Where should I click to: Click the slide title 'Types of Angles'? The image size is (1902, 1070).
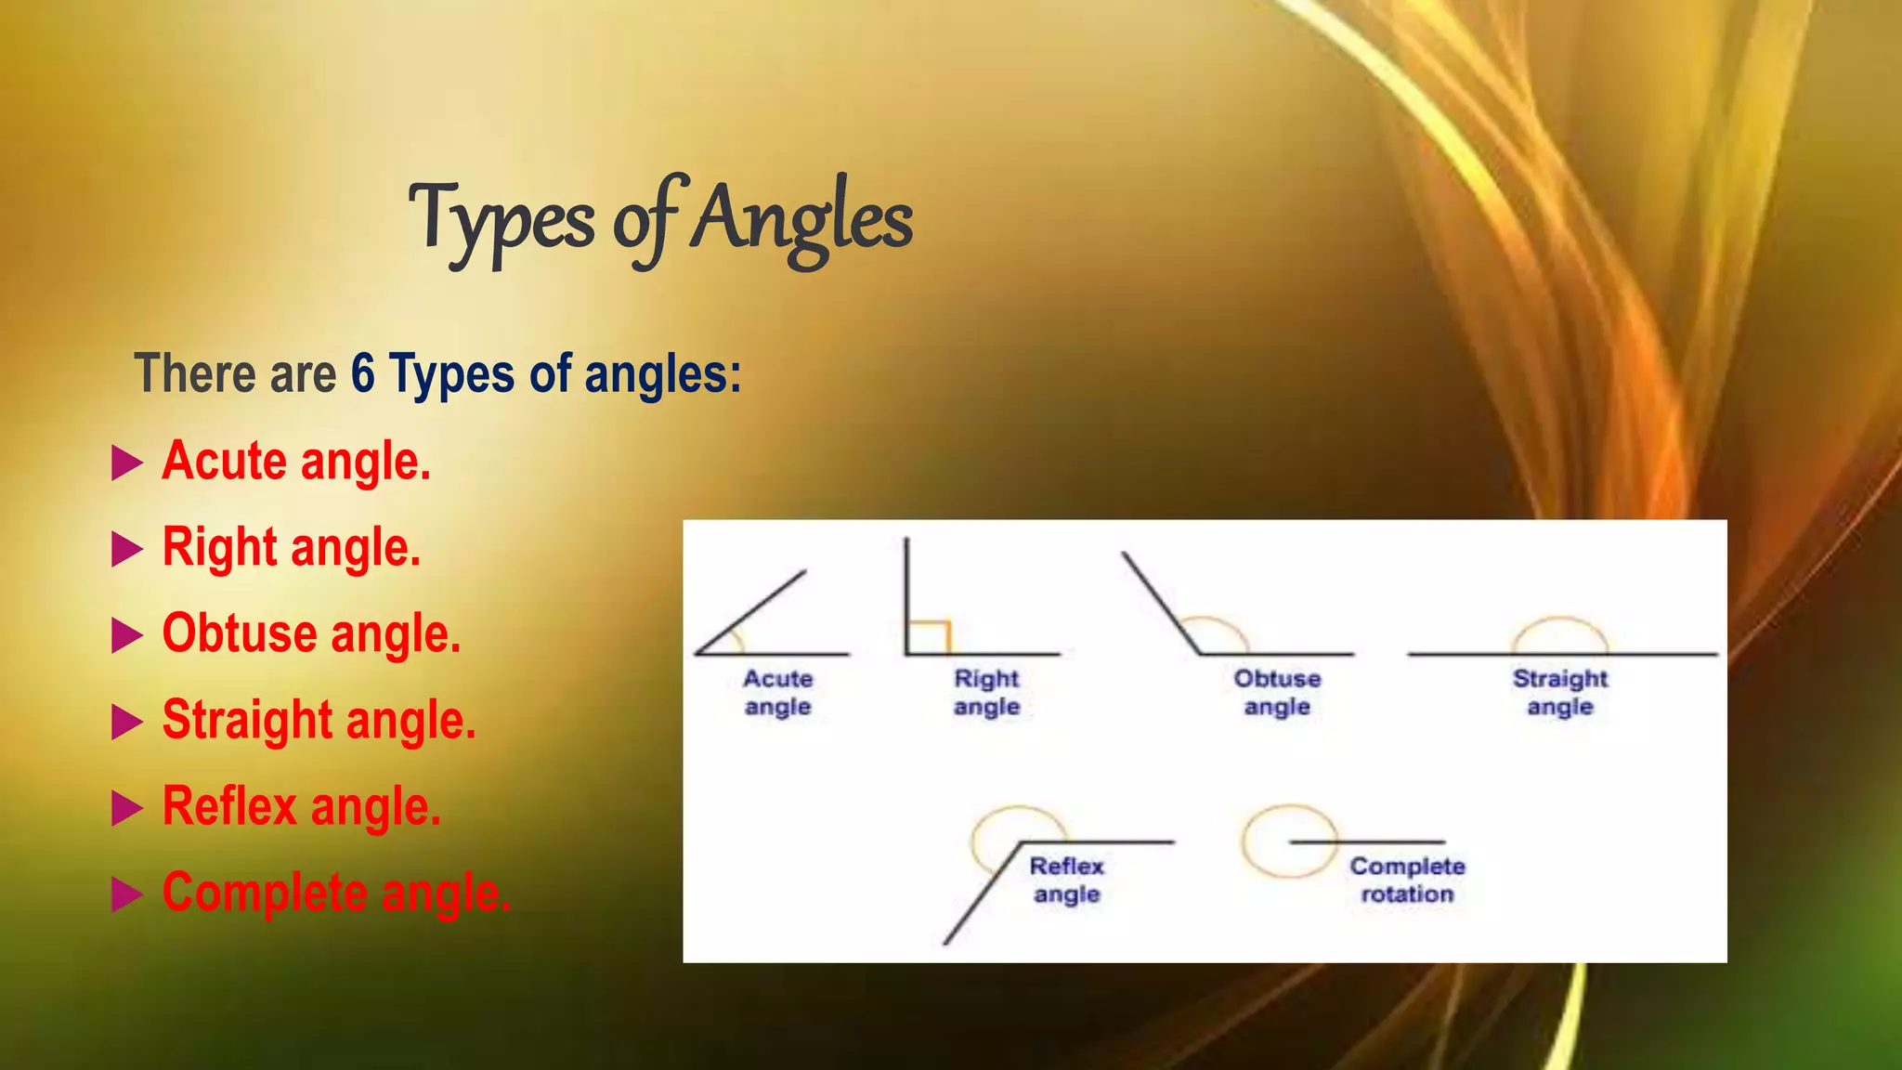tap(660, 219)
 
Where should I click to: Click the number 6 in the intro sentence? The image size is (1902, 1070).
tap(362, 373)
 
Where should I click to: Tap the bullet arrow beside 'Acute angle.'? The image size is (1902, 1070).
tap(127, 463)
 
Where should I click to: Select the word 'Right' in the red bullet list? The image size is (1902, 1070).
tap(220, 546)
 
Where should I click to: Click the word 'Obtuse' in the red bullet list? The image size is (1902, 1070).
tap(240, 633)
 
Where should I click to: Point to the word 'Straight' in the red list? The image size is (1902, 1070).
tap(247, 719)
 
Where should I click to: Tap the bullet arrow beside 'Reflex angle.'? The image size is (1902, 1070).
tap(127, 808)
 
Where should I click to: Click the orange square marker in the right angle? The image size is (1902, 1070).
tap(929, 637)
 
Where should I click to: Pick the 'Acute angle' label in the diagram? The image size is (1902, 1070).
tap(778, 693)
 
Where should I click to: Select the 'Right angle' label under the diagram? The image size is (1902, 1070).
tap(986, 693)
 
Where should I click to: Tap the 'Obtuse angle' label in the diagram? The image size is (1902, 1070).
tap(1277, 693)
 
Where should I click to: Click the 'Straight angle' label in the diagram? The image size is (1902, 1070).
tap(1560, 693)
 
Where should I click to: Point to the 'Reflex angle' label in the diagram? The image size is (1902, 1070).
tap(1067, 880)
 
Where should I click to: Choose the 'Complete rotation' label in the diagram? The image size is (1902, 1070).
tap(1407, 880)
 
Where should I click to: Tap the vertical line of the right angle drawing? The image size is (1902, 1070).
tap(906, 594)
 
